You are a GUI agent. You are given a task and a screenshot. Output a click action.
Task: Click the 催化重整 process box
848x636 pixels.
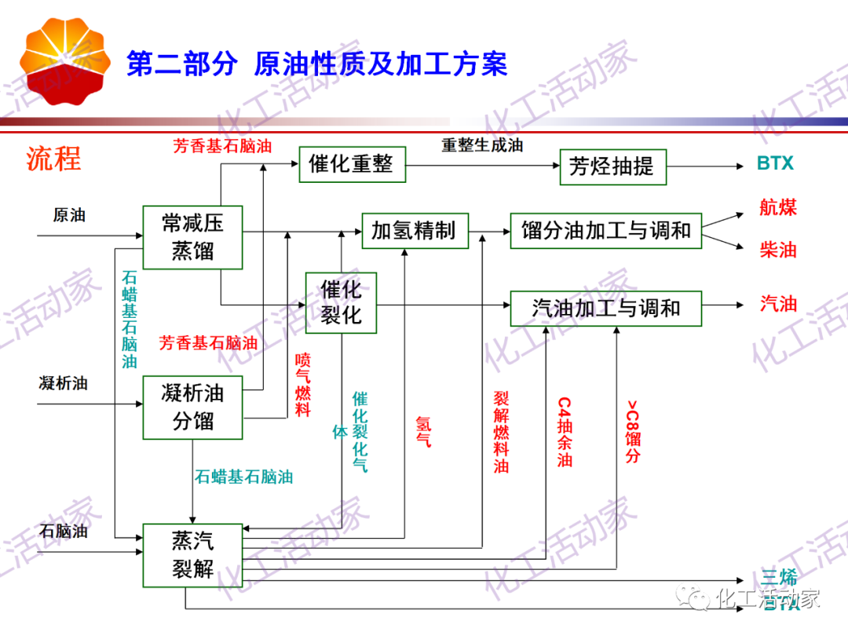pos(352,164)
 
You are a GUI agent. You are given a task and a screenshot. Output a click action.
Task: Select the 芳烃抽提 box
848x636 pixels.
pos(612,166)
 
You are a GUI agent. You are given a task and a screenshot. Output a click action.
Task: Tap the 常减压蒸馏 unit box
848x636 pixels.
pos(192,237)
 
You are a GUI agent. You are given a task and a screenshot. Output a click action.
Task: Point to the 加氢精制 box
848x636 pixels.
pos(414,231)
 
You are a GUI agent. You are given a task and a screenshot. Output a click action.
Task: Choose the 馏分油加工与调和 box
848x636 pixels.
pos(605,231)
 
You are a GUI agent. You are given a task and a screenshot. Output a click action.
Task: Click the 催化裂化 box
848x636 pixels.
pos(341,302)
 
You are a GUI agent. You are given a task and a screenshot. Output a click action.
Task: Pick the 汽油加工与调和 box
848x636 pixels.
pos(605,308)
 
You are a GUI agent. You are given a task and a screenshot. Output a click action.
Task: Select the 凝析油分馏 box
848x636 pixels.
pos(192,407)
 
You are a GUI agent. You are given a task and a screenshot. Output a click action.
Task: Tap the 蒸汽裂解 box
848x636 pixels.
pos(192,554)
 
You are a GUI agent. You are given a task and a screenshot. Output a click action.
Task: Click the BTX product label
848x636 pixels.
pos(775,164)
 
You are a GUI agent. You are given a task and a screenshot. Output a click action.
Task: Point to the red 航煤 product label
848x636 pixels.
pos(778,207)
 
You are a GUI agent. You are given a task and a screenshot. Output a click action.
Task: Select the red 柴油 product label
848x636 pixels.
pos(778,250)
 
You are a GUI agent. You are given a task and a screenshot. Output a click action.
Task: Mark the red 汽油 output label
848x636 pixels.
pos(778,304)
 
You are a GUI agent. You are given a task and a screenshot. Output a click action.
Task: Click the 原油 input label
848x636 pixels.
pos(69,214)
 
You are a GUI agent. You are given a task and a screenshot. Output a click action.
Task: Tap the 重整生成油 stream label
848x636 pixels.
pos(482,145)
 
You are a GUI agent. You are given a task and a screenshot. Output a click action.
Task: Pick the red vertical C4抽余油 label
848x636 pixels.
pos(565,432)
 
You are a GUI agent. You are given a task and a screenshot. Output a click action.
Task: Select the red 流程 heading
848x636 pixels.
pos(53,159)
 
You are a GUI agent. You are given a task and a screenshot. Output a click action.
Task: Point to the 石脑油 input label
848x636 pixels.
pos(64,532)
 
